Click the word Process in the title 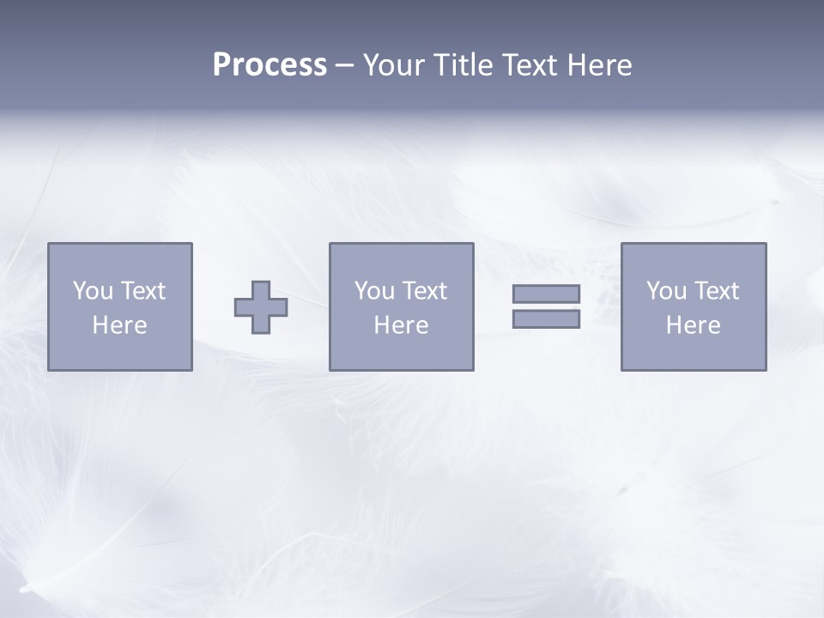(270, 65)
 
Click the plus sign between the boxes (261, 307)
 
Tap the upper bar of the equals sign (546, 294)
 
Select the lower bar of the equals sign (546, 319)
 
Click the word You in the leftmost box (93, 291)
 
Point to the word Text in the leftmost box (142, 291)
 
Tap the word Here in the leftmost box (119, 325)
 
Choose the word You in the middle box (374, 291)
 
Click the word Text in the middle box (424, 291)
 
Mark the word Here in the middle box (401, 325)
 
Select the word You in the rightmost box (666, 291)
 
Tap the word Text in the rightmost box (716, 291)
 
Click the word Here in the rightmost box (693, 325)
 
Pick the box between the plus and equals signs (401, 352)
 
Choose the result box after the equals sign (694, 352)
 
